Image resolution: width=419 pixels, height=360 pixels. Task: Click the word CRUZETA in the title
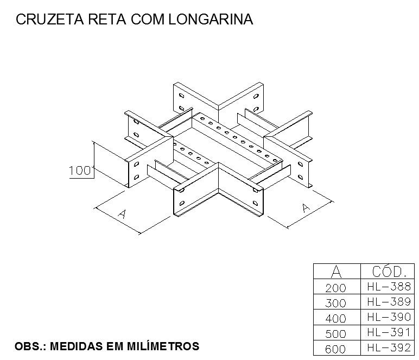tap(50, 19)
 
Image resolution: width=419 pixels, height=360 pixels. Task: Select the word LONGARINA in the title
tap(211, 19)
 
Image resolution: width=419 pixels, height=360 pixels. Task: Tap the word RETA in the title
tap(107, 19)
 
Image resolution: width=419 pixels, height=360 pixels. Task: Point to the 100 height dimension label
tap(80, 170)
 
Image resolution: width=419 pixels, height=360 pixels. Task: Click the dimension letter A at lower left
tap(122, 214)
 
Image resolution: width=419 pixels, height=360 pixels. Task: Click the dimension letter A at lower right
tap(306, 207)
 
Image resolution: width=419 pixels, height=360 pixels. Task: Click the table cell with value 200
tap(335, 288)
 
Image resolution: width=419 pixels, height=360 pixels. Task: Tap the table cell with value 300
tap(335, 303)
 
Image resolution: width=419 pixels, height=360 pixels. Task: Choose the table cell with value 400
tap(335, 318)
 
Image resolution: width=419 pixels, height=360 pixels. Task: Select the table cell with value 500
tap(335, 333)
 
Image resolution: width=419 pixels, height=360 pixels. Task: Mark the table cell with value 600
tap(335, 349)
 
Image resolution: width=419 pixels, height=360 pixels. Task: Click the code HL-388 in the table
tap(389, 286)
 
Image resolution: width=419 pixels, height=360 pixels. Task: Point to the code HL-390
tap(389, 317)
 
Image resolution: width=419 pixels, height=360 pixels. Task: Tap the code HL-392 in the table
tap(389, 348)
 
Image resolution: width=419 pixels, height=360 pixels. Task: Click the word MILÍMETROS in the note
tap(163, 346)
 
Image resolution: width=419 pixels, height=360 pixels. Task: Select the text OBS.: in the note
tap(30, 346)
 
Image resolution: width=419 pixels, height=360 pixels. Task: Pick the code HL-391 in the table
tap(389, 332)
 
